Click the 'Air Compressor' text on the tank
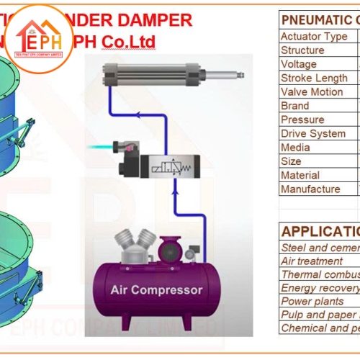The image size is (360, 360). tap(156, 291)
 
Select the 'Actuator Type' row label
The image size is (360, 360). tap(314, 37)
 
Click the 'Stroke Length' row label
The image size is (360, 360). tap(314, 78)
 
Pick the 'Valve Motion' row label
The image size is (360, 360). tap(312, 92)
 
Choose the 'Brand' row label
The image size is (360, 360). tap(295, 106)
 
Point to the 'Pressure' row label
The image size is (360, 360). tap(302, 120)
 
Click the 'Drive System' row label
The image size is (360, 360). tap(313, 133)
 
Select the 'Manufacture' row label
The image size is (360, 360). tap(310, 189)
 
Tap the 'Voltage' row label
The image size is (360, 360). tap(299, 64)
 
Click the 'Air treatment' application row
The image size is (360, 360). tap(312, 261)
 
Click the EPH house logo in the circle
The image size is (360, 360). tap(40, 37)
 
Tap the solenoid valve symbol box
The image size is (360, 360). tap(173, 166)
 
